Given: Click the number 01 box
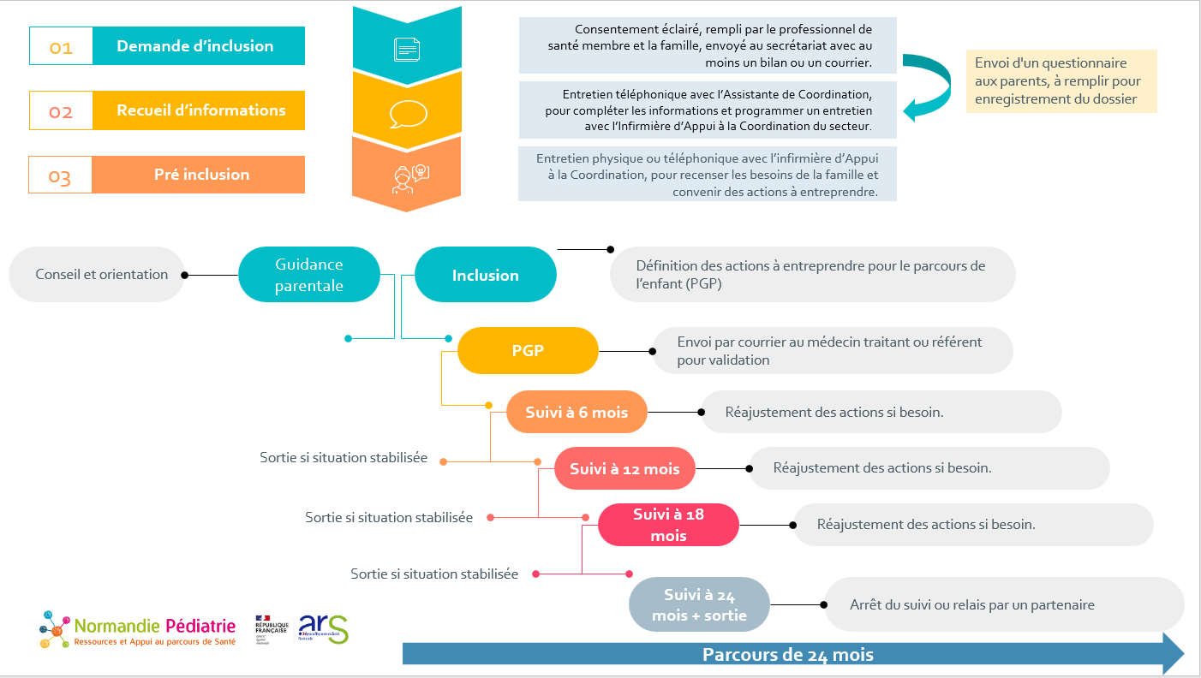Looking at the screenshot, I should [x=61, y=46].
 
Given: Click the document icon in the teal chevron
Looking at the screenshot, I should [x=407, y=49].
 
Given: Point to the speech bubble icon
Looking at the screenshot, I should [x=407, y=114].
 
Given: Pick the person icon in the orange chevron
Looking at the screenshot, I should [x=408, y=177].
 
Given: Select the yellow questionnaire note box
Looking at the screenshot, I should [x=1061, y=81].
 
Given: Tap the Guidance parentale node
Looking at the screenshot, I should [x=308, y=275].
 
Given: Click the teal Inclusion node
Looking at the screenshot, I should [x=485, y=275].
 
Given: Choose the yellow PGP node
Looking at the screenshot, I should [x=528, y=350].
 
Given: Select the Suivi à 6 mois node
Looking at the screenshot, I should [x=577, y=412].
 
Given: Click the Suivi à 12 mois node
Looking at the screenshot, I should [x=624, y=468].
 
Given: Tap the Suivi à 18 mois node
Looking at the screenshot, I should [x=668, y=525].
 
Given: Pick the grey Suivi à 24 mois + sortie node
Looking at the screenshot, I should [x=699, y=604].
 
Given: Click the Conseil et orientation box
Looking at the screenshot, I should [x=97, y=275].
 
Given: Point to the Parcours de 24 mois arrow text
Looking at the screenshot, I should [x=788, y=655].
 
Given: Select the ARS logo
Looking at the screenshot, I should [x=323, y=629].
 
